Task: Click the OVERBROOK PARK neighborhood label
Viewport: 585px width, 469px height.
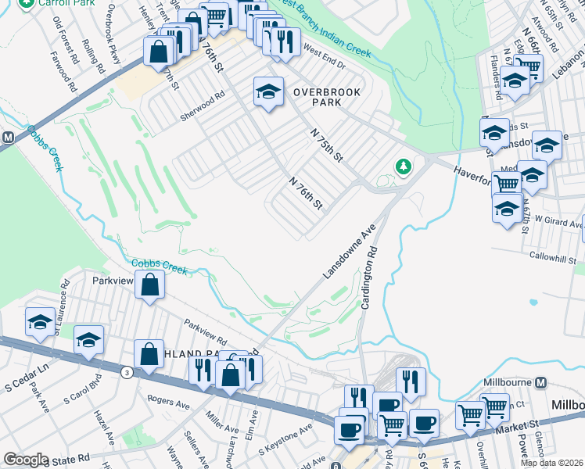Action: (326, 97)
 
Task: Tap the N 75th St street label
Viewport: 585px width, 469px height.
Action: (327, 145)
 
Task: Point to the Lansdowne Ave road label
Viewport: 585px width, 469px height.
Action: (350, 250)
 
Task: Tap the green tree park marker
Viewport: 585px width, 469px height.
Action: (403, 166)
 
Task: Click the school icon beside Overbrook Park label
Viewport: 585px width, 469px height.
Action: (267, 92)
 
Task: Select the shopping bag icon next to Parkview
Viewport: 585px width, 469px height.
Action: (149, 285)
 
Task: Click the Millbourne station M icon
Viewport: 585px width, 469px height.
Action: (540, 383)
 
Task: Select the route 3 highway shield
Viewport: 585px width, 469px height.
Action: (126, 373)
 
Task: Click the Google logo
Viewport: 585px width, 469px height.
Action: (26, 460)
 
